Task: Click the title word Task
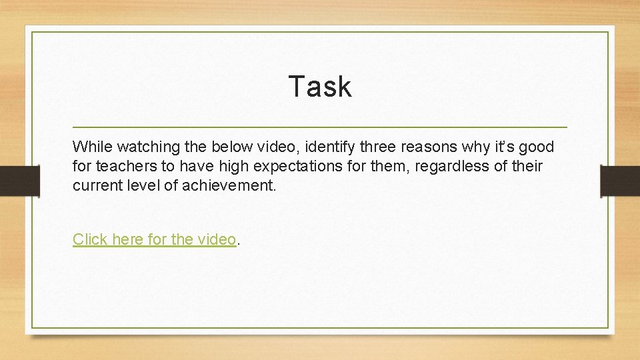[x=320, y=87]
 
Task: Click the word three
[x=367, y=146]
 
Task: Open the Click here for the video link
[x=154, y=239]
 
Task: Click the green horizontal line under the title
[x=320, y=127]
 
